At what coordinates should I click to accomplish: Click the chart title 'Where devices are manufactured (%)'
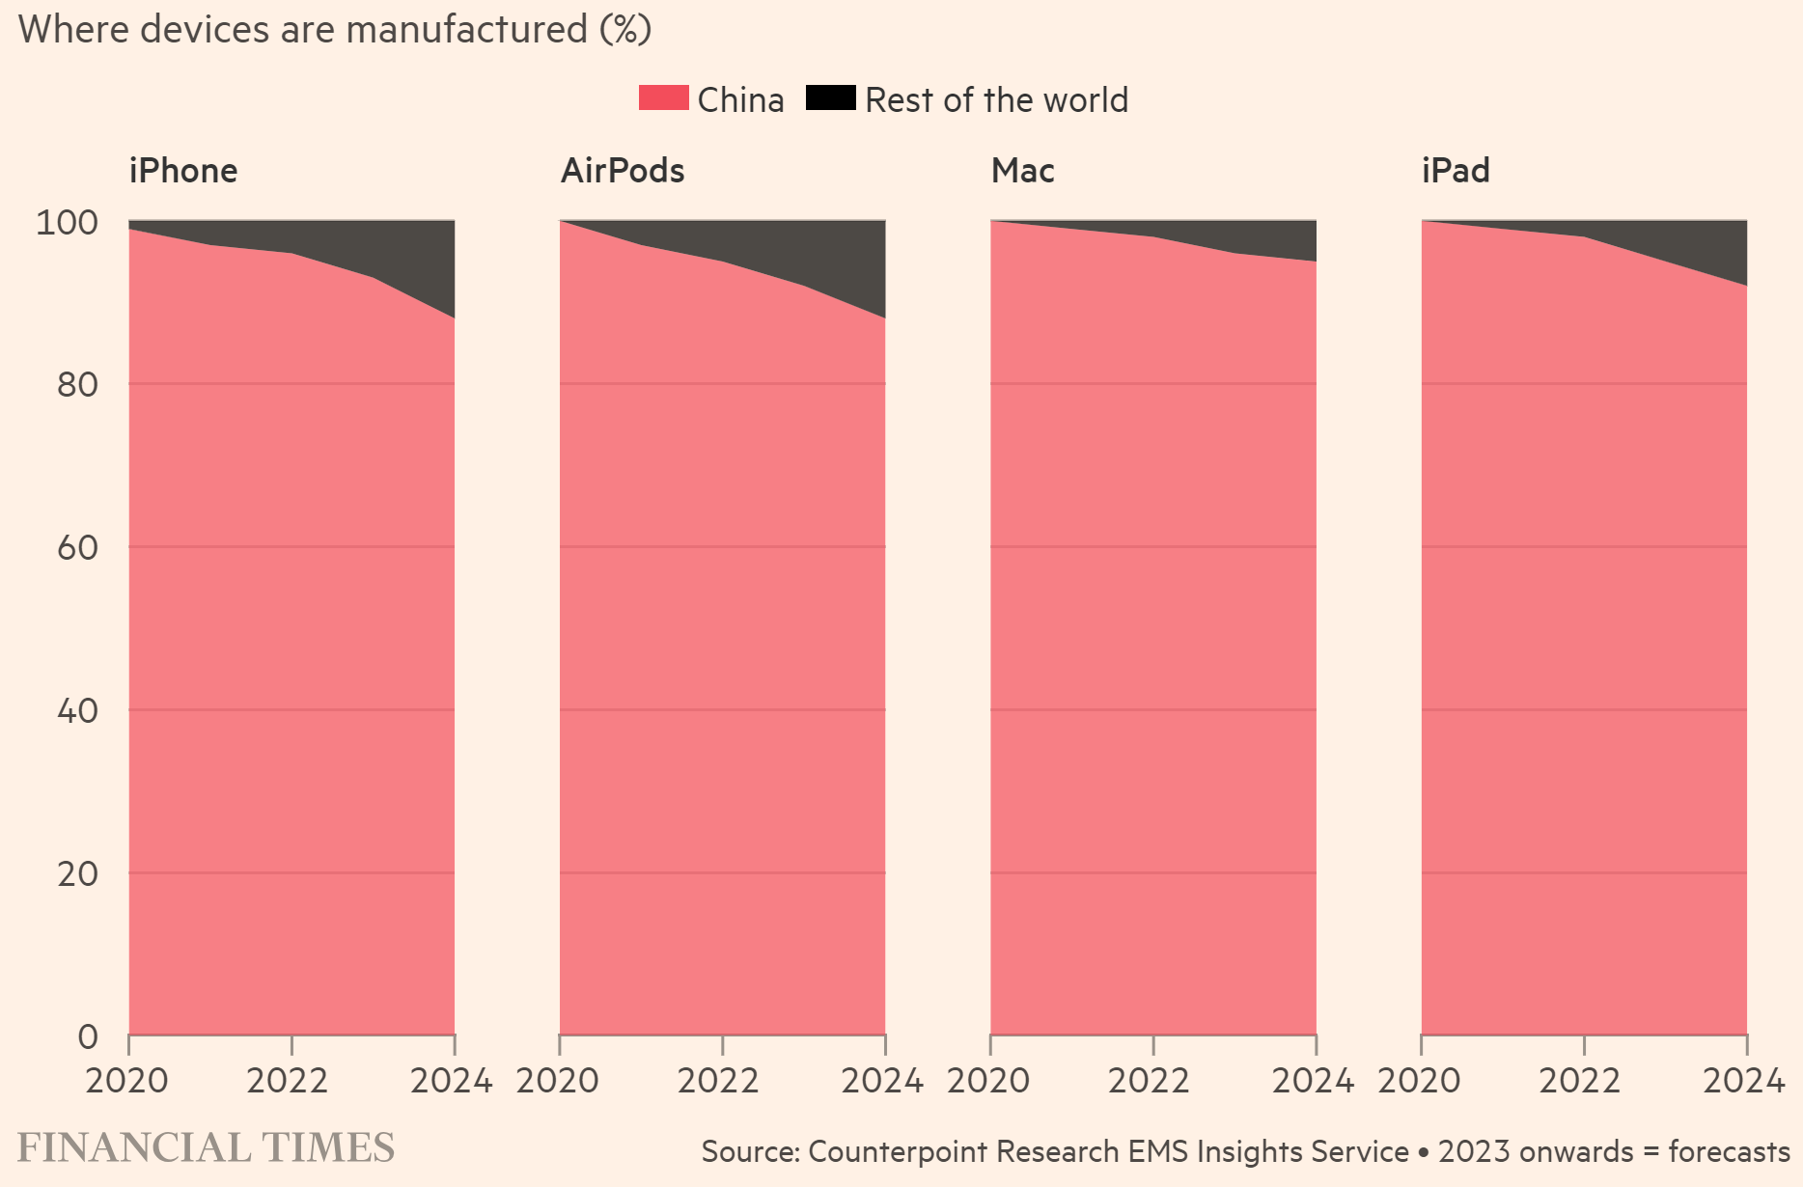[x=334, y=29]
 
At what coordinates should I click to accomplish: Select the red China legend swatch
[x=663, y=98]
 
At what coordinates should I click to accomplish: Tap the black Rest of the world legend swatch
[x=830, y=98]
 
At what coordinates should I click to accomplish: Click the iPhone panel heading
[x=183, y=171]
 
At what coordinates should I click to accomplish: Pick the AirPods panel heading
[x=623, y=171]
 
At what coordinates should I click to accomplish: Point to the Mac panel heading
[x=1022, y=171]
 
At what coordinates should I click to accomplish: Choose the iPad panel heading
[x=1456, y=171]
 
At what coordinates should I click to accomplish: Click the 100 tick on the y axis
[x=67, y=223]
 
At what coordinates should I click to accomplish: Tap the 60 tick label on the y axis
[x=77, y=548]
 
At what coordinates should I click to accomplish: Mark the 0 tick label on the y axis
[x=88, y=1037]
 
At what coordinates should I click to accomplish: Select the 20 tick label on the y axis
[x=77, y=874]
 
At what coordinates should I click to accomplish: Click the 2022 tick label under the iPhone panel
[x=288, y=1081]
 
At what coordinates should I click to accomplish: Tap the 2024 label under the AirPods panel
[x=882, y=1081]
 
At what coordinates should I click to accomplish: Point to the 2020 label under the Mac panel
[x=988, y=1081]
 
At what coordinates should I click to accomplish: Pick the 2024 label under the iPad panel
[x=1743, y=1081]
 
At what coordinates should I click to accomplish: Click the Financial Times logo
[x=206, y=1147]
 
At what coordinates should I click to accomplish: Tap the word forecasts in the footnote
[x=1729, y=1151]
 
